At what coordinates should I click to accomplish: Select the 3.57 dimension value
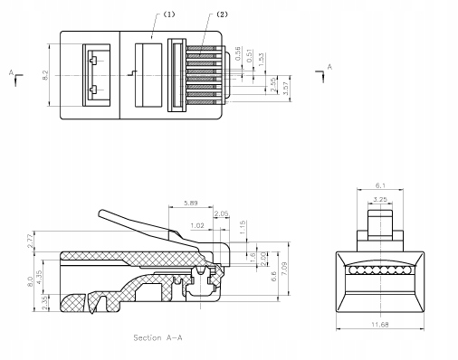point(286,88)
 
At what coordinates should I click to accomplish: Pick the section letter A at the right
point(329,67)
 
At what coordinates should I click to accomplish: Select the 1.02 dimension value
point(197,226)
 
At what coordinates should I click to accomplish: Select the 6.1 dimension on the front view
point(381,186)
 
